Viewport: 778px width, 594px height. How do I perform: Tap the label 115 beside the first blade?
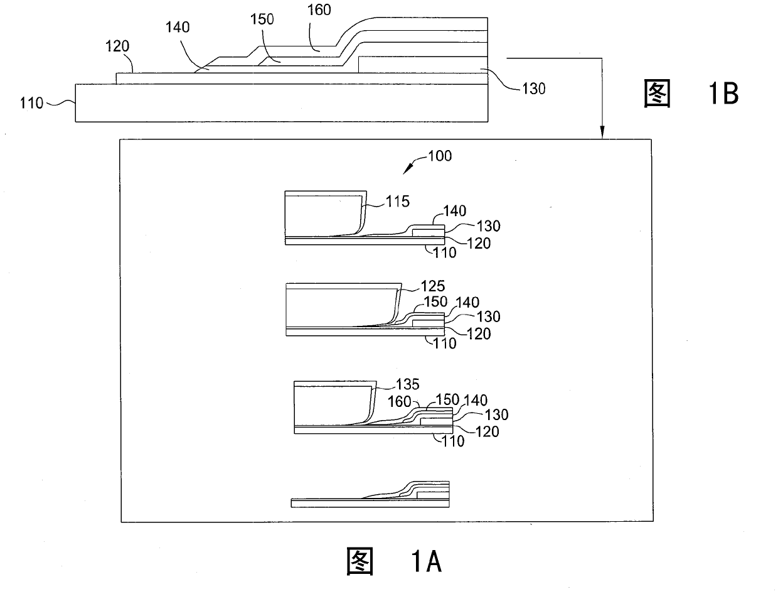[397, 202]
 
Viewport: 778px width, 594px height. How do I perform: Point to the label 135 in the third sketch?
[407, 384]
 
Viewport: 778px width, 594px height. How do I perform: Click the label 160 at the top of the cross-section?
[319, 9]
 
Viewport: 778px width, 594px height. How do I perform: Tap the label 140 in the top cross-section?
[178, 28]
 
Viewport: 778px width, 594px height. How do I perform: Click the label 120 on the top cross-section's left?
[117, 46]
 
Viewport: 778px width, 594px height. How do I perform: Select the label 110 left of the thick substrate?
[31, 102]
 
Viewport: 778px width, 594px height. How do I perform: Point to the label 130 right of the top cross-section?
[533, 89]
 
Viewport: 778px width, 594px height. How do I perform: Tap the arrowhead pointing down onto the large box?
[602, 132]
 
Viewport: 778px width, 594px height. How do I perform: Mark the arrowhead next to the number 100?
[408, 166]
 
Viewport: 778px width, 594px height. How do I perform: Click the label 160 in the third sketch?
[399, 401]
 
